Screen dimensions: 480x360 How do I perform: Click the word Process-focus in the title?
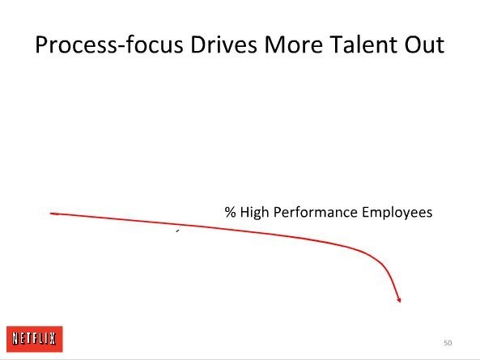109,44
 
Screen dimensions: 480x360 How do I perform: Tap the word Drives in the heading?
223,44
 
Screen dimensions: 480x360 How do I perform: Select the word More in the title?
293,44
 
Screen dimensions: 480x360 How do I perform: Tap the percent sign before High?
230,212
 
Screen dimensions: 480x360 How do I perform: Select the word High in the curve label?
254,213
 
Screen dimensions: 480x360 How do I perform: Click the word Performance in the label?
316,212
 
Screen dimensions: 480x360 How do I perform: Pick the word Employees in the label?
397,213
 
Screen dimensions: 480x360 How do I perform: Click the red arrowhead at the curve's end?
398,299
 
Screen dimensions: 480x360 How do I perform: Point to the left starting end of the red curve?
50,214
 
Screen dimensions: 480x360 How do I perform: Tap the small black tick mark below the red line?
177,231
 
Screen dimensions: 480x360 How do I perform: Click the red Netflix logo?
35,339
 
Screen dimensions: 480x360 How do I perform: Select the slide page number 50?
448,343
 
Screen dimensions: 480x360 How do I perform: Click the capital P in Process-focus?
41,44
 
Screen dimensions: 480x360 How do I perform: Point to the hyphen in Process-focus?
121,47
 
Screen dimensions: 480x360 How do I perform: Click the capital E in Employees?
366,212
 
